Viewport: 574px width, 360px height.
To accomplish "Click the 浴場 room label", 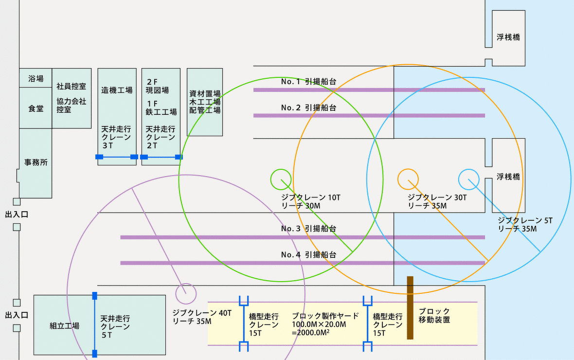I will click(36, 78).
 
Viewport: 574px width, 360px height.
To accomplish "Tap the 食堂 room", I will click(36, 108).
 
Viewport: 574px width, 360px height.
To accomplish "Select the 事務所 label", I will click(36, 162).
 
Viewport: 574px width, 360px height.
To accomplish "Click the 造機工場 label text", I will click(117, 90).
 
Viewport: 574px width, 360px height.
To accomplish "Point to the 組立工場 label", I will click(65, 326).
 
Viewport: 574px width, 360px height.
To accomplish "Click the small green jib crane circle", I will click(281, 179).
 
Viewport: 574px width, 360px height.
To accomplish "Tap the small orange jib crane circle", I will click(408, 179).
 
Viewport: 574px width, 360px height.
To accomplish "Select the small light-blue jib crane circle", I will click(469, 179).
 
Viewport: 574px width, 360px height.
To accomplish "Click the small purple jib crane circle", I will click(185, 294).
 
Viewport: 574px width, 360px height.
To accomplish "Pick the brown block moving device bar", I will click(410, 307).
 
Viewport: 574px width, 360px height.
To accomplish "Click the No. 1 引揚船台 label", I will click(308, 82).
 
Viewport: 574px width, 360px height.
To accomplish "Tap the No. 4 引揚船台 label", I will click(308, 255).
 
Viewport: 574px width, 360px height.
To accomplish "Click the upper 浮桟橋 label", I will click(508, 37).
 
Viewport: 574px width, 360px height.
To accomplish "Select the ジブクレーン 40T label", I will click(202, 313).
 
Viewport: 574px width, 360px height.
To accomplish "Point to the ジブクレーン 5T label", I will click(525, 220).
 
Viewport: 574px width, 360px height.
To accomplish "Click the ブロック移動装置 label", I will click(434, 315).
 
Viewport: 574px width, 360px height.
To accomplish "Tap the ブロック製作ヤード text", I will click(325, 316).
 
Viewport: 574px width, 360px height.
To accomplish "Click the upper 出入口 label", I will click(17, 214).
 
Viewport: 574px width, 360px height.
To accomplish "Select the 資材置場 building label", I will click(205, 94).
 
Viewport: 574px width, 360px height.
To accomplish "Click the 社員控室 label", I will click(71, 87).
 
